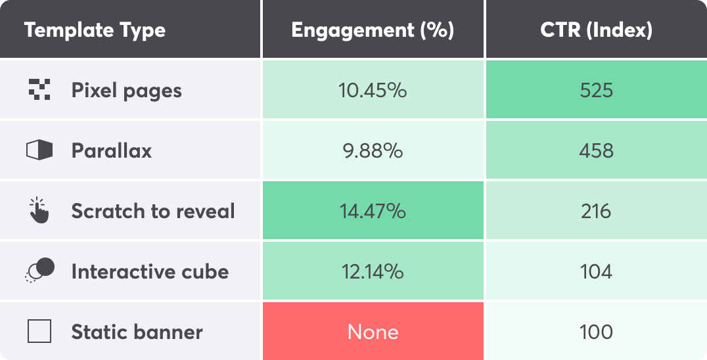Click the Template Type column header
coord(95,30)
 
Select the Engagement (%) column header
coord(373,30)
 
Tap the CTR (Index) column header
coord(596,30)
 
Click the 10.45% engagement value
coord(373,90)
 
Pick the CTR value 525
coord(596,90)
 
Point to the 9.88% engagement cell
coord(373,150)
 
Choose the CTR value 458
coord(596,150)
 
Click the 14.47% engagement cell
coord(373,211)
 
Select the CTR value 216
coord(596,211)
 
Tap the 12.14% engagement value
coord(373,271)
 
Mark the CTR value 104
coord(596,271)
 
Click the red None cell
coord(373,332)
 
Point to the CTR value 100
coord(596,332)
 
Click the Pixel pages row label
coord(126,90)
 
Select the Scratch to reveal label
coord(152,211)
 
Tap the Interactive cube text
coord(150,271)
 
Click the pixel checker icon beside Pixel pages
coord(39,89)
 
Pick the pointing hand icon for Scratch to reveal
coord(39,210)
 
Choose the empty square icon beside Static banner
coord(39,332)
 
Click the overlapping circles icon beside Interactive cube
coord(39,270)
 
